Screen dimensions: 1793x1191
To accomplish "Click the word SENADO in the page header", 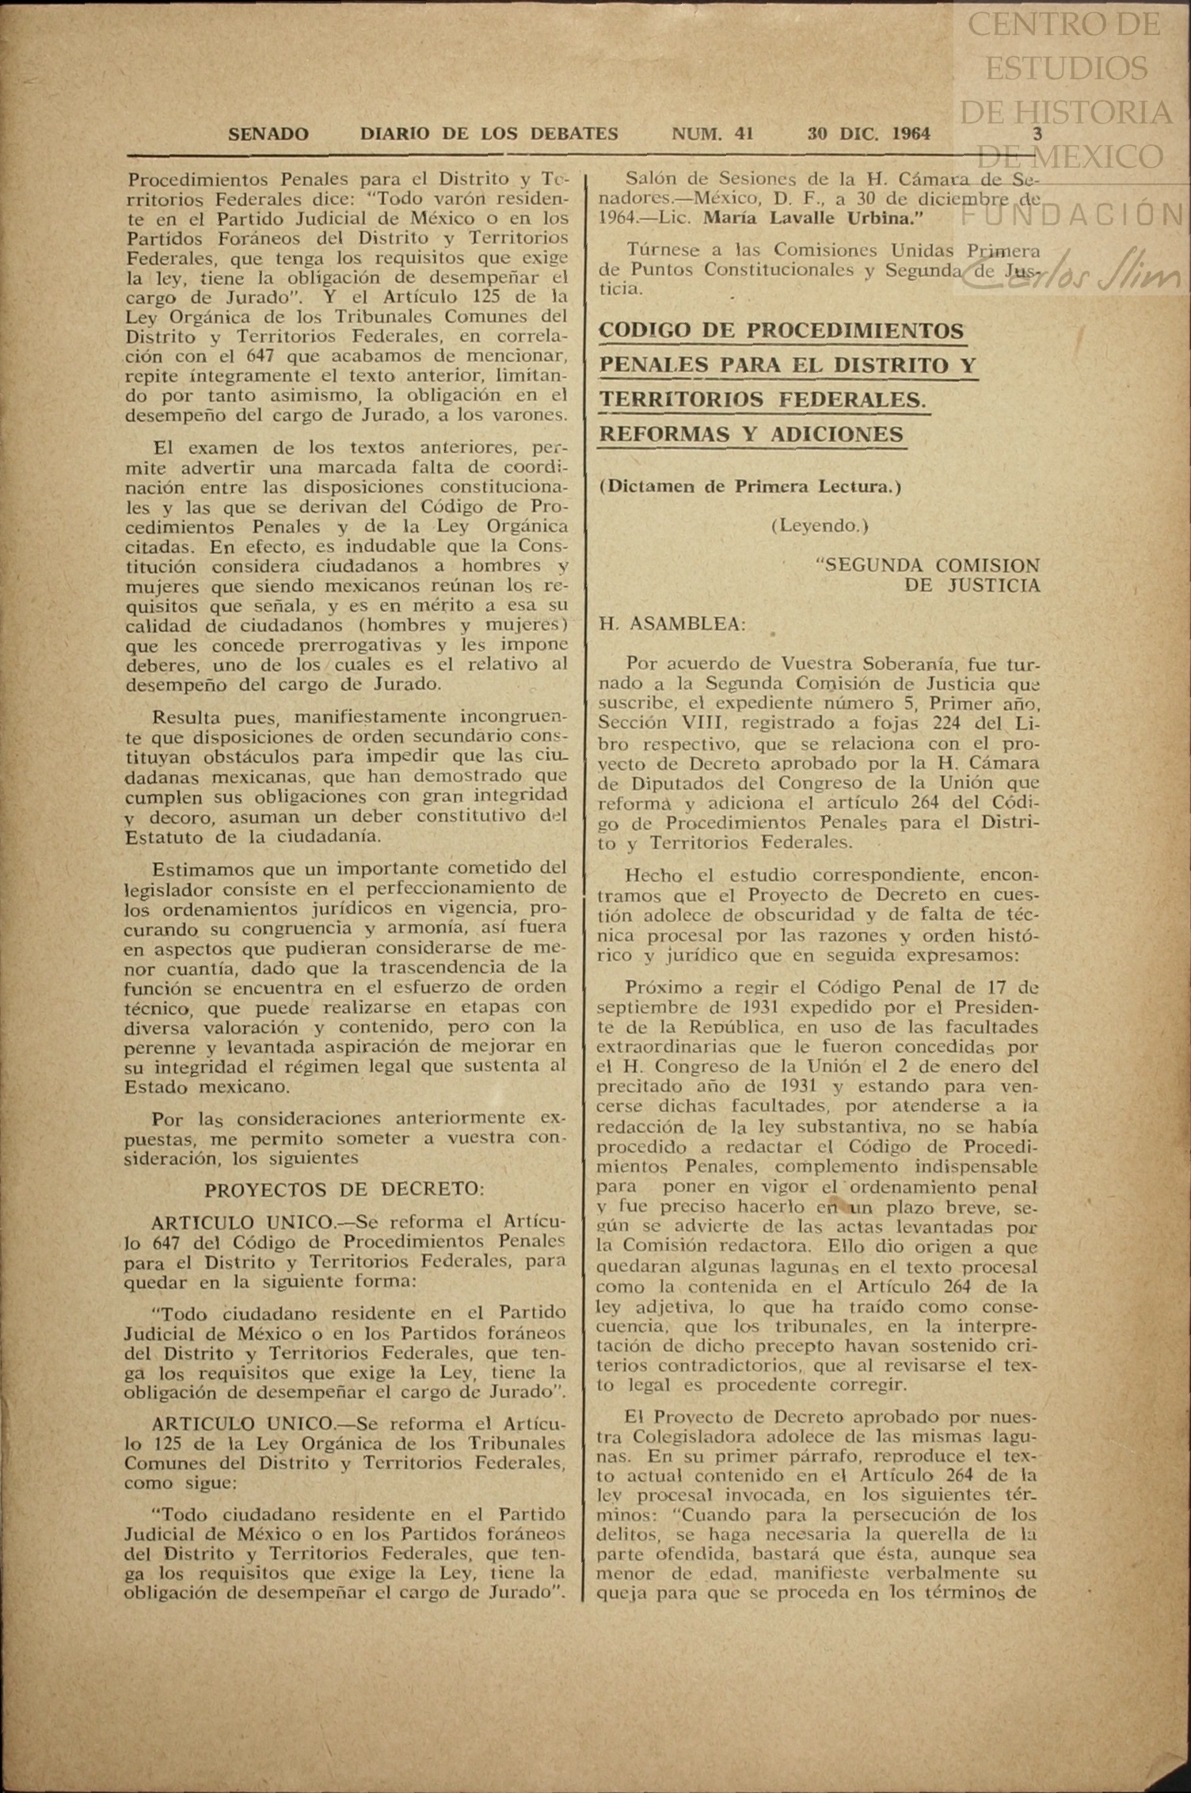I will pyautogui.click(x=268, y=135).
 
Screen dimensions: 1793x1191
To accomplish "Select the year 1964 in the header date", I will pyautogui.click(x=911, y=135).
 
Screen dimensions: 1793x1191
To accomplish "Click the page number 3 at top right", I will pyautogui.click(x=1037, y=135).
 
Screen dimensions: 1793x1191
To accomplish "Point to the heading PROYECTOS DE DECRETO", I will pyautogui.click(x=344, y=1190).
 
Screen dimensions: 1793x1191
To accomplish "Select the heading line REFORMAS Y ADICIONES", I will pyautogui.click(x=752, y=434).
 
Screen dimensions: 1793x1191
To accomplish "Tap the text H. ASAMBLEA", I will pyautogui.click(x=672, y=624).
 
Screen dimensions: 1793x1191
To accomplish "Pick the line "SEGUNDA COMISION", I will pyautogui.click(x=927, y=565).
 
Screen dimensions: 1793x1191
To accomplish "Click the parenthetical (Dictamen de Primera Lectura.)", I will pyautogui.click(x=751, y=487).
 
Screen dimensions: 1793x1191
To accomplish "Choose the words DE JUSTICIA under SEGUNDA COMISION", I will pyautogui.click(x=972, y=585).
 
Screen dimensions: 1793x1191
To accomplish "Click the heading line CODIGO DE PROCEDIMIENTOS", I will pyautogui.click(x=782, y=331).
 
